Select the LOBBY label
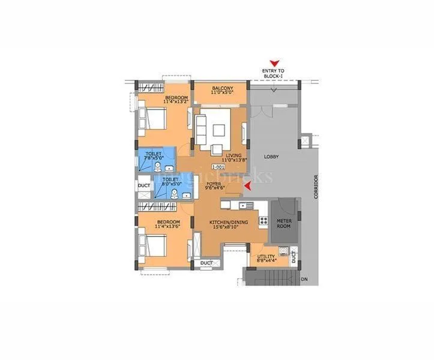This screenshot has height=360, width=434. pyautogui.click(x=271, y=157)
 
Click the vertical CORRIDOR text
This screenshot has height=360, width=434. pyautogui.click(x=316, y=188)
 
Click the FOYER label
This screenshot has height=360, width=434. pyautogui.click(x=215, y=184)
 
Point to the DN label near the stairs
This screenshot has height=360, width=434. pyautogui.click(x=304, y=279)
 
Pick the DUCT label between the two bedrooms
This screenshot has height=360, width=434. pyautogui.click(x=143, y=186)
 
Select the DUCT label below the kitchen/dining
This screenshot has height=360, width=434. pyautogui.click(x=206, y=262)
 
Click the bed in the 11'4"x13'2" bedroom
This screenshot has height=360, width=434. pyautogui.click(x=153, y=118)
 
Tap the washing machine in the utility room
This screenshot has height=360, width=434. pyautogui.click(x=284, y=251)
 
